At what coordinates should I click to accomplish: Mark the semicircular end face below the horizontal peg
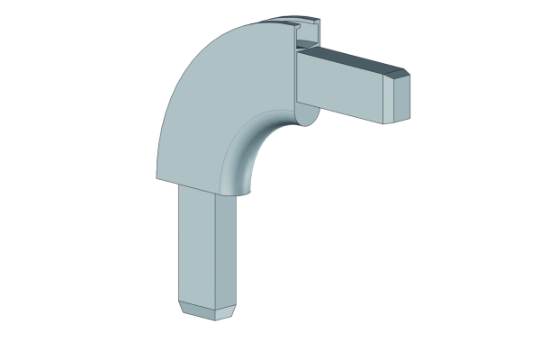pos(306,115)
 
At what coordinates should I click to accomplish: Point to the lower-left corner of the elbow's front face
pos(156,176)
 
